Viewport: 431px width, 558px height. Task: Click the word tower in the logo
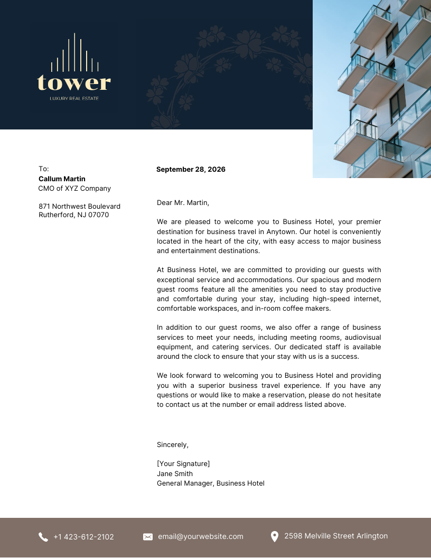(74, 83)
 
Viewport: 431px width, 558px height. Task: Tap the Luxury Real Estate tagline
(74, 98)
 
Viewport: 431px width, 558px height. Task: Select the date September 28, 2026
(191, 170)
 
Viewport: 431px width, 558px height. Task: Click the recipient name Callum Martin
(62, 179)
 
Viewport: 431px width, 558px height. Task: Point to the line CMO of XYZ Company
(74, 189)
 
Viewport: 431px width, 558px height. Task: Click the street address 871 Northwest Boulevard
(79, 207)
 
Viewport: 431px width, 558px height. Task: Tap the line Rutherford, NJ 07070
(73, 215)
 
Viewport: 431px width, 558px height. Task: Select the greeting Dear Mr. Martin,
(183, 202)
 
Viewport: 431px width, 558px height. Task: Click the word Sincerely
(172, 445)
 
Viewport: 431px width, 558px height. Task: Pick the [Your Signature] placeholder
(183, 464)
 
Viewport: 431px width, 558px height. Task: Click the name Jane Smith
(175, 474)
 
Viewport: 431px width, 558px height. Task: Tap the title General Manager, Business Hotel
(210, 483)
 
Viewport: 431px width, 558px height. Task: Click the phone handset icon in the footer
(43, 537)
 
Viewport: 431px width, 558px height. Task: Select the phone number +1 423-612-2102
(83, 537)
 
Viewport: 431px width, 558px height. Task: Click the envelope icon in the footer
(148, 537)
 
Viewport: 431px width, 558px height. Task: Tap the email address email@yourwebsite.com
(201, 536)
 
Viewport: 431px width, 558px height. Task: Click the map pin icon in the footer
(274, 537)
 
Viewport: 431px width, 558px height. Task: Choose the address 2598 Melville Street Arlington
(336, 536)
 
